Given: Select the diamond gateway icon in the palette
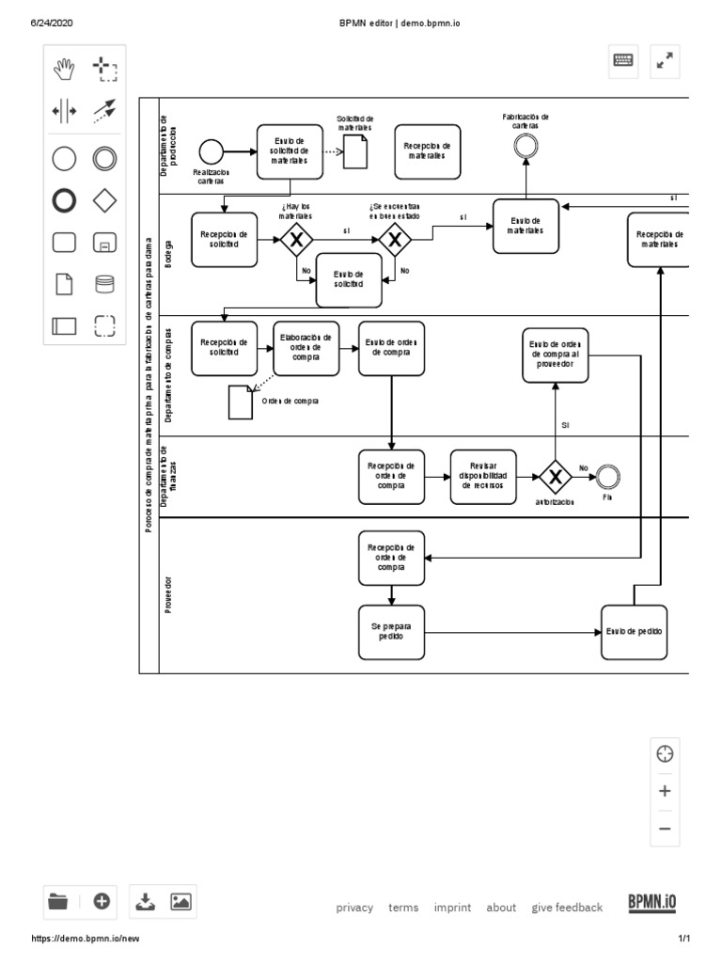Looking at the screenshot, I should coord(104,200).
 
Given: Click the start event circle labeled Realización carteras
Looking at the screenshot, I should coord(211,150).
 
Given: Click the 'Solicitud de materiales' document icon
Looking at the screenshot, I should coord(354,150).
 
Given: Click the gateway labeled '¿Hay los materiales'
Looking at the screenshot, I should coord(297,240).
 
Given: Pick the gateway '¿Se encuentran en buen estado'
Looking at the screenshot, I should coord(395,240).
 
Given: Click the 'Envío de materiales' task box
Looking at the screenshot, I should coord(526,226).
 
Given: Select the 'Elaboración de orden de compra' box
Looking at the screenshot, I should coord(306,348).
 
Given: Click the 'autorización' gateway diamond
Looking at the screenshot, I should coord(555,478).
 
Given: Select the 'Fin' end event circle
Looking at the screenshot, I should coord(608,478).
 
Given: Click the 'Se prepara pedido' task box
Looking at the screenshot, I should coord(391,632).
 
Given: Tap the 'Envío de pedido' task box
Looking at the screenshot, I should coord(634,632).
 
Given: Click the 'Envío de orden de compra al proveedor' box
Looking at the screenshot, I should coord(556,355).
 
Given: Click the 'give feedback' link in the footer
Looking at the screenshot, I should coord(566,908).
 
